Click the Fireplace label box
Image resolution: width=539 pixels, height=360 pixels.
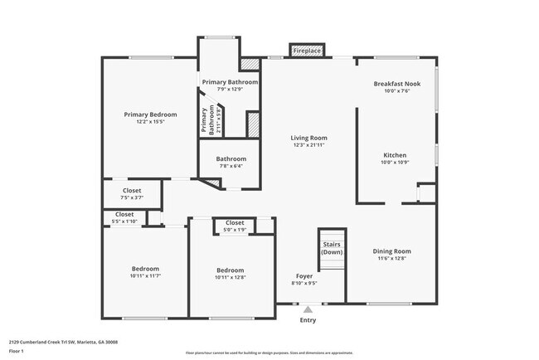(x=307, y=51)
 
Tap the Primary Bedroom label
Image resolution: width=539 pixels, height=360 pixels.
(x=150, y=114)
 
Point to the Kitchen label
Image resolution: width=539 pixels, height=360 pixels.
(x=394, y=155)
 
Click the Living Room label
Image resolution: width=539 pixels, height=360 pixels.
(x=308, y=138)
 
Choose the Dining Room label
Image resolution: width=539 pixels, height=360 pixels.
(x=391, y=251)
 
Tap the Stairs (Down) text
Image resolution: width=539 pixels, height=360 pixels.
(x=332, y=248)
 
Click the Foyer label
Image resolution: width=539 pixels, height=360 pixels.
(x=305, y=276)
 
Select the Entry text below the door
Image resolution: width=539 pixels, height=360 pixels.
(x=308, y=320)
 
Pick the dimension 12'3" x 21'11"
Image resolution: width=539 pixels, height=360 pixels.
(x=308, y=146)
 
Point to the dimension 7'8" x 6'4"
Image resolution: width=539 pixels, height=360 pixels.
(x=231, y=167)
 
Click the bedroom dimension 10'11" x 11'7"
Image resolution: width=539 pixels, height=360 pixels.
(x=145, y=275)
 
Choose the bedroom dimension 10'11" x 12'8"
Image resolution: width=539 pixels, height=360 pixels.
(x=231, y=277)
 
